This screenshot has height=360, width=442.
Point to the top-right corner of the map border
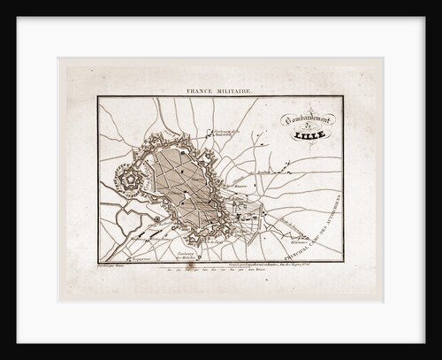342,96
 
